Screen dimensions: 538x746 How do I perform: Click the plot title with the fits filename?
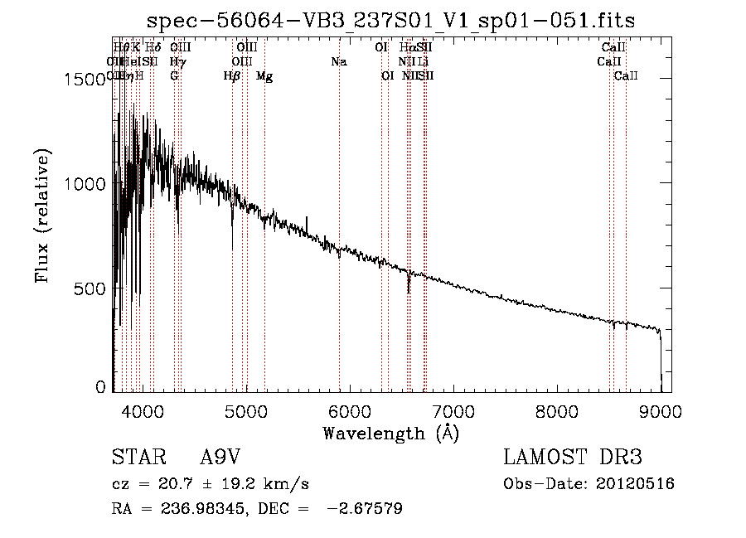tap(391, 22)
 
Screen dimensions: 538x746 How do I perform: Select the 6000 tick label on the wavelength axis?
tap(349, 410)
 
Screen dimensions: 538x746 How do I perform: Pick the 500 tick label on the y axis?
tap(93, 288)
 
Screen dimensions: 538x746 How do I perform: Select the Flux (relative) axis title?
tap(43, 216)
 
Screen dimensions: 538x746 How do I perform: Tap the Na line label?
tap(338, 62)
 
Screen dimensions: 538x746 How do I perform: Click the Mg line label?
tap(264, 76)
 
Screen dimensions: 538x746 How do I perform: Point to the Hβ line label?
tap(232, 76)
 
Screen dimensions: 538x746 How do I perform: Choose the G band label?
tap(174, 76)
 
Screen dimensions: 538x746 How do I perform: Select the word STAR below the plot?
tap(136, 458)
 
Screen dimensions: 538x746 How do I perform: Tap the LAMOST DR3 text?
tap(573, 458)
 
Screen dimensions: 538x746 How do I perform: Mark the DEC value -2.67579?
tap(366, 509)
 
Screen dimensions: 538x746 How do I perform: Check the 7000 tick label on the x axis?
tap(453, 410)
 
